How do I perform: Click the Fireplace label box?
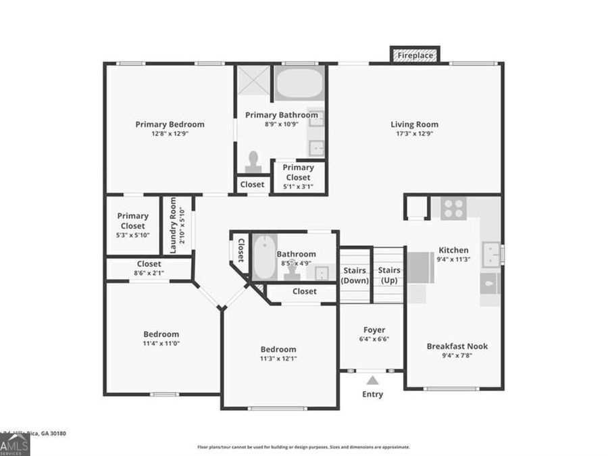415,55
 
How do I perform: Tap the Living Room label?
414,124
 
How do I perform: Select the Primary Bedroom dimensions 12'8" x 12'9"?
170,134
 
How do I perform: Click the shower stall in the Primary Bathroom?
253,82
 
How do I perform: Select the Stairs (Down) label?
355,275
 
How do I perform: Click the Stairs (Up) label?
388,275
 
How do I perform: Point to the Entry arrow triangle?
372,380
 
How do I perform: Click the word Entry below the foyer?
372,395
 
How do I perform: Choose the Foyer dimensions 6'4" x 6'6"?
374,339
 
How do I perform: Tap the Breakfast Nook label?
457,347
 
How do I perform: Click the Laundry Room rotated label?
174,226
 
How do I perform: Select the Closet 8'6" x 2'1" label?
149,274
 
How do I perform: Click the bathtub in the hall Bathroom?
264,257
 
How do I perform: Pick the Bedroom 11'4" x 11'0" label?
161,343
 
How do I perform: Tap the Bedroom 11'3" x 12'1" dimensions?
278,359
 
